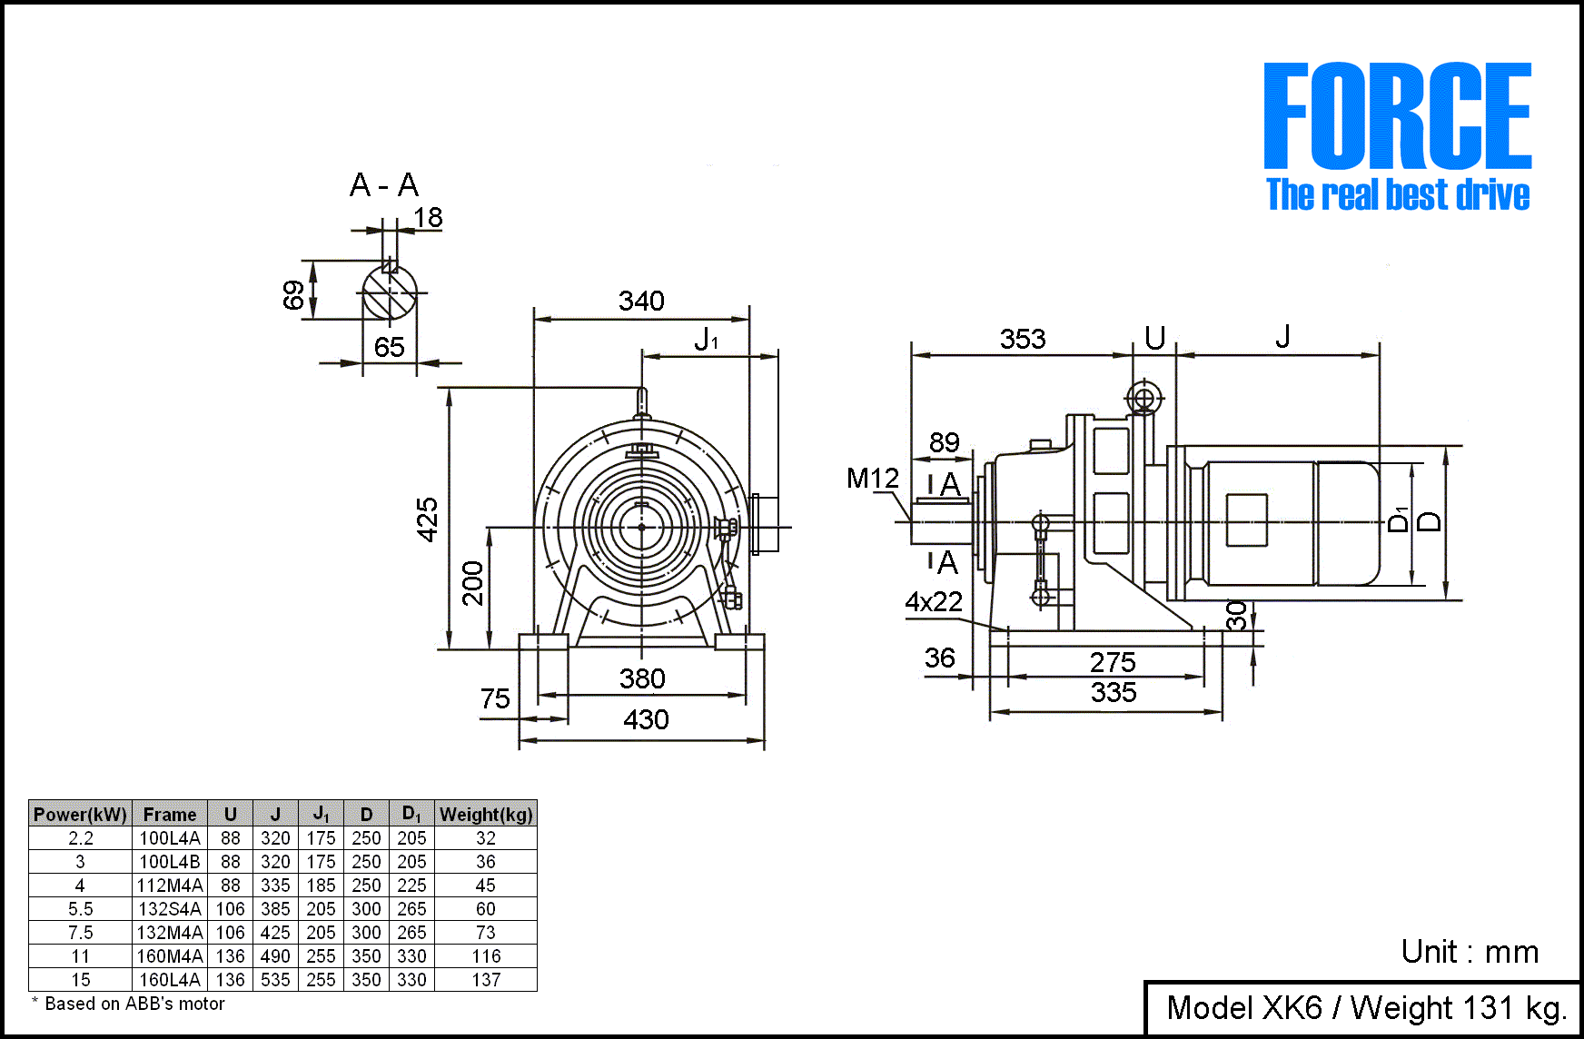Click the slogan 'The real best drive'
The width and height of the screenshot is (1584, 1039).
coord(1397,194)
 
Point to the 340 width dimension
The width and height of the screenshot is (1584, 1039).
coord(641,301)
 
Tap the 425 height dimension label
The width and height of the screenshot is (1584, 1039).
coord(427,519)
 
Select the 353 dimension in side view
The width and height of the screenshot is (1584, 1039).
coord(1023,339)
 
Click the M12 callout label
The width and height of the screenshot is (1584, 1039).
coord(872,478)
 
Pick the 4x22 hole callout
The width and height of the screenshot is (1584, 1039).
coord(933,601)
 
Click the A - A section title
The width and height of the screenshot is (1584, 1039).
coord(384,185)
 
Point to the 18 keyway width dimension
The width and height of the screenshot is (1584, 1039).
coord(427,217)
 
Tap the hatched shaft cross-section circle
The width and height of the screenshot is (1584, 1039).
coord(391,292)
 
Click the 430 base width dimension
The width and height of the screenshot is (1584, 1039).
coord(646,719)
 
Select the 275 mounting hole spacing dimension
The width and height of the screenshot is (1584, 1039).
coord(1113,662)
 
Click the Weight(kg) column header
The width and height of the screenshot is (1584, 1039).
coord(486,814)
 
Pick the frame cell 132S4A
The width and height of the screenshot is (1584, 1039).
coord(170,908)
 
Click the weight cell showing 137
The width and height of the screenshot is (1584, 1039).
coord(486,979)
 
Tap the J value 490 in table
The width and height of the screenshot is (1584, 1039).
coord(275,955)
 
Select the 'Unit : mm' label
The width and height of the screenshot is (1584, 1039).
coord(1470,952)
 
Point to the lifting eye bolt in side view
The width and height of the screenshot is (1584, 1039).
coord(1144,398)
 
